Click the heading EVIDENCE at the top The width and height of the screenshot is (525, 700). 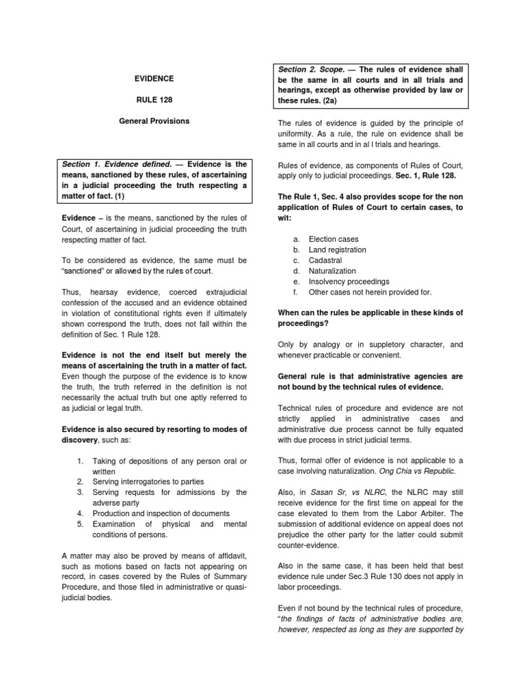154,79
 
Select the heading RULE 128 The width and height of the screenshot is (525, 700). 154,100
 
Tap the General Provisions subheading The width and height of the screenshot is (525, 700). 154,121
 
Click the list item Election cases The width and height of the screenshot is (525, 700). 334,239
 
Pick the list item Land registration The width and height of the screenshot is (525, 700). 337,250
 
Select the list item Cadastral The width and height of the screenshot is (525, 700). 325,260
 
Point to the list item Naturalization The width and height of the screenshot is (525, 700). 333,271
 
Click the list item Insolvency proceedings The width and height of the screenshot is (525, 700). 349,282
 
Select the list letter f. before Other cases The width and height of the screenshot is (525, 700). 295,292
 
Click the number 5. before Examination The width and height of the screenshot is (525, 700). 79,523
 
